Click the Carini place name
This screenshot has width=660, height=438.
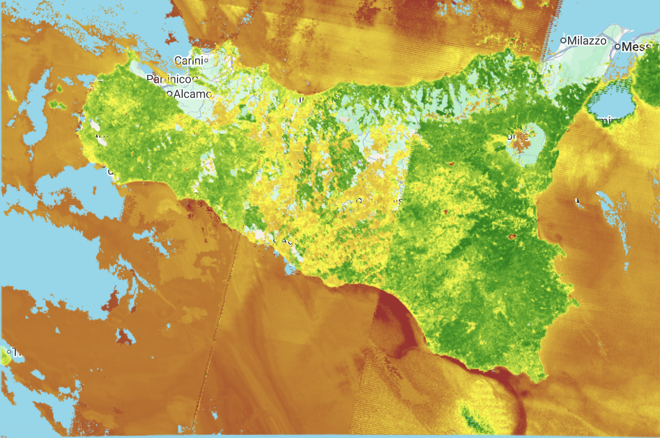(x=189, y=60)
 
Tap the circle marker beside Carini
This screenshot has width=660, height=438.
(x=206, y=60)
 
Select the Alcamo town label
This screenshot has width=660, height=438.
(x=192, y=94)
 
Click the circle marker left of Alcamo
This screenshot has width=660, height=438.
(x=170, y=94)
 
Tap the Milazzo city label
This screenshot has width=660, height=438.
(x=587, y=41)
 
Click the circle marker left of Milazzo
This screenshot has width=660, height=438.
(x=563, y=40)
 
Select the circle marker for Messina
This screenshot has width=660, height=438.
(x=617, y=47)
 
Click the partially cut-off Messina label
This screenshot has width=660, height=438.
(x=636, y=47)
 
